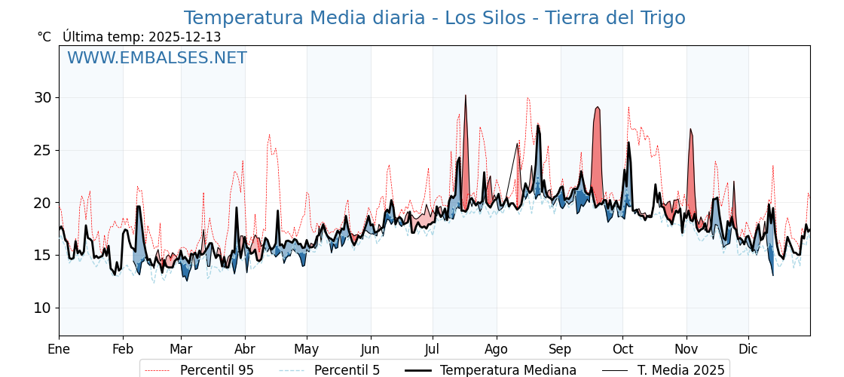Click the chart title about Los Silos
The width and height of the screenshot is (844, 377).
point(434,18)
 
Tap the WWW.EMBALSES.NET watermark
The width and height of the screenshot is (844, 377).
point(157,58)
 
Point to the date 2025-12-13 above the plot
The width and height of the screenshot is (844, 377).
point(185,37)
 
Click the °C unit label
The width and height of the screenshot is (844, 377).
point(44,37)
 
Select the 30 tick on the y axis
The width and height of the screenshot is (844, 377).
point(42,97)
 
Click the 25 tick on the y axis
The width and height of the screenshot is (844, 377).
point(42,150)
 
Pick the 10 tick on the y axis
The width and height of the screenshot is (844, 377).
point(42,308)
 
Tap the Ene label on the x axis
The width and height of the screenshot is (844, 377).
point(59,349)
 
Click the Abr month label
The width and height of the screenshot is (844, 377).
point(245,349)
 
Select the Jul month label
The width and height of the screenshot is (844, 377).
point(433,349)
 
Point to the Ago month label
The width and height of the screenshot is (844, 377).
point(497,349)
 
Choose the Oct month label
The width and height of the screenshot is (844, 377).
point(622,349)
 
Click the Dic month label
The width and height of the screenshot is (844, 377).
point(748,349)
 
